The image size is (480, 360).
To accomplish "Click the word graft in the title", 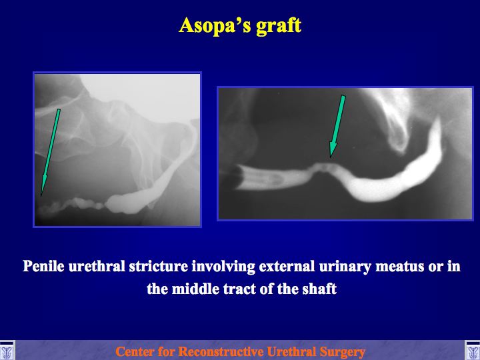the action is pos(279,26).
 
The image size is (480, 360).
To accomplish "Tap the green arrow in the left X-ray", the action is pos(50,153).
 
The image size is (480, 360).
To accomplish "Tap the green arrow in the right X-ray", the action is pos(337,126).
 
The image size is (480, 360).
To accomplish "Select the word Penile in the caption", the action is pos(43,266).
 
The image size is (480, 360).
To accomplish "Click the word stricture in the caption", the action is pos(158,266).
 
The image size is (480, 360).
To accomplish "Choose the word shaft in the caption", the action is pos(319,289).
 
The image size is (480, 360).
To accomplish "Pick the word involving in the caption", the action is pos(223,266).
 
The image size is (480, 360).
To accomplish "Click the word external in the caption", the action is pos(287,266).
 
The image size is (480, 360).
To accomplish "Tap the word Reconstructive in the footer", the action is pos(221,351).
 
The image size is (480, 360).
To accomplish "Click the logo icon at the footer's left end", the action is pos(7,351).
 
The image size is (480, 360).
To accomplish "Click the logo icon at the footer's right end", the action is pos(473,351).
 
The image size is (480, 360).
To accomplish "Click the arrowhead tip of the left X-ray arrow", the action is pos(41,196).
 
